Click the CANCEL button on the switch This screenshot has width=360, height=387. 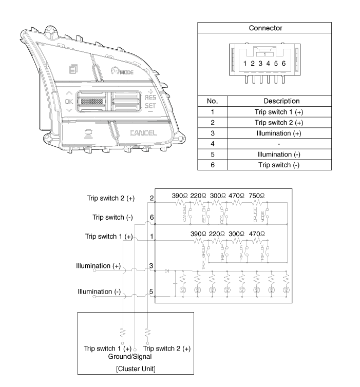(143, 133)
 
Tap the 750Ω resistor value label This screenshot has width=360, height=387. (257, 196)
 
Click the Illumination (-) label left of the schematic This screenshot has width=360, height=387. (99, 291)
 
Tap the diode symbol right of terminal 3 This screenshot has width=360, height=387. (167, 270)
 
